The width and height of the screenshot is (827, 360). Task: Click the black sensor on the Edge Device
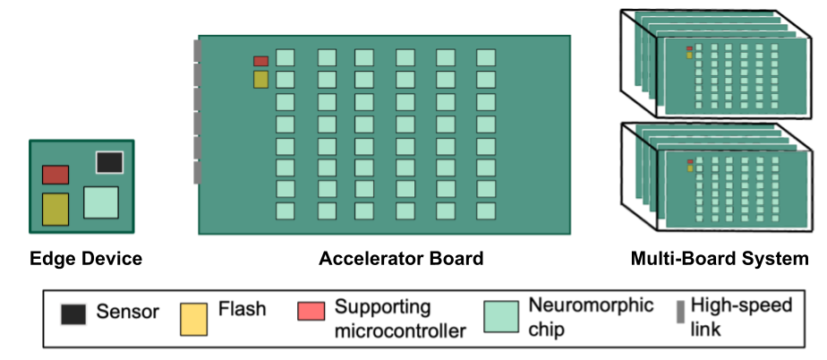pyautogui.click(x=109, y=162)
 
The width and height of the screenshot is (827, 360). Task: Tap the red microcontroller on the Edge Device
pyautogui.click(x=55, y=174)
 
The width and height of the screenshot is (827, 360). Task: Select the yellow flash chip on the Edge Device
pyautogui.click(x=55, y=208)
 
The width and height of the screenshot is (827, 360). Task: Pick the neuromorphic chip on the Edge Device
pyautogui.click(x=101, y=202)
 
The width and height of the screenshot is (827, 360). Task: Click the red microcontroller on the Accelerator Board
pyautogui.click(x=260, y=61)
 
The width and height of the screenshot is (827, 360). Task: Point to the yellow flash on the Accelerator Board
pyautogui.click(x=260, y=80)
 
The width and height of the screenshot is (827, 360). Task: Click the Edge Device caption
pyautogui.click(x=86, y=260)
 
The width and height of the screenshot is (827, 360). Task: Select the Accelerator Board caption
pyautogui.click(x=401, y=260)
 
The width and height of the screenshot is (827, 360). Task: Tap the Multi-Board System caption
pyautogui.click(x=720, y=260)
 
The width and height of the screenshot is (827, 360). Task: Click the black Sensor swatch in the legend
pyautogui.click(x=73, y=314)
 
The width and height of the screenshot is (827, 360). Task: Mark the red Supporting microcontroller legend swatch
pyautogui.click(x=312, y=312)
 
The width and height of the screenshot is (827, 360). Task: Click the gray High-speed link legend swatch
pyautogui.click(x=680, y=312)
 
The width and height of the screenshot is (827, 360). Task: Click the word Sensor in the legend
pyautogui.click(x=128, y=313)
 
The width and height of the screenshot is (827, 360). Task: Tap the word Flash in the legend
pyautogui.click(x=242, y=309)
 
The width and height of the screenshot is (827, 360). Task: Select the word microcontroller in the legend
pyautogui.click(x=400, y=331)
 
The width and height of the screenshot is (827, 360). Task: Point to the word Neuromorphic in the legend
pyautogui.click(x=592, y=305)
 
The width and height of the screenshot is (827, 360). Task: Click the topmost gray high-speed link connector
pyautogui.click(x=197, y=52)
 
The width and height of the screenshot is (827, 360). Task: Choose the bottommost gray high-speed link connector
pyautogui.click(x=197, y=171)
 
